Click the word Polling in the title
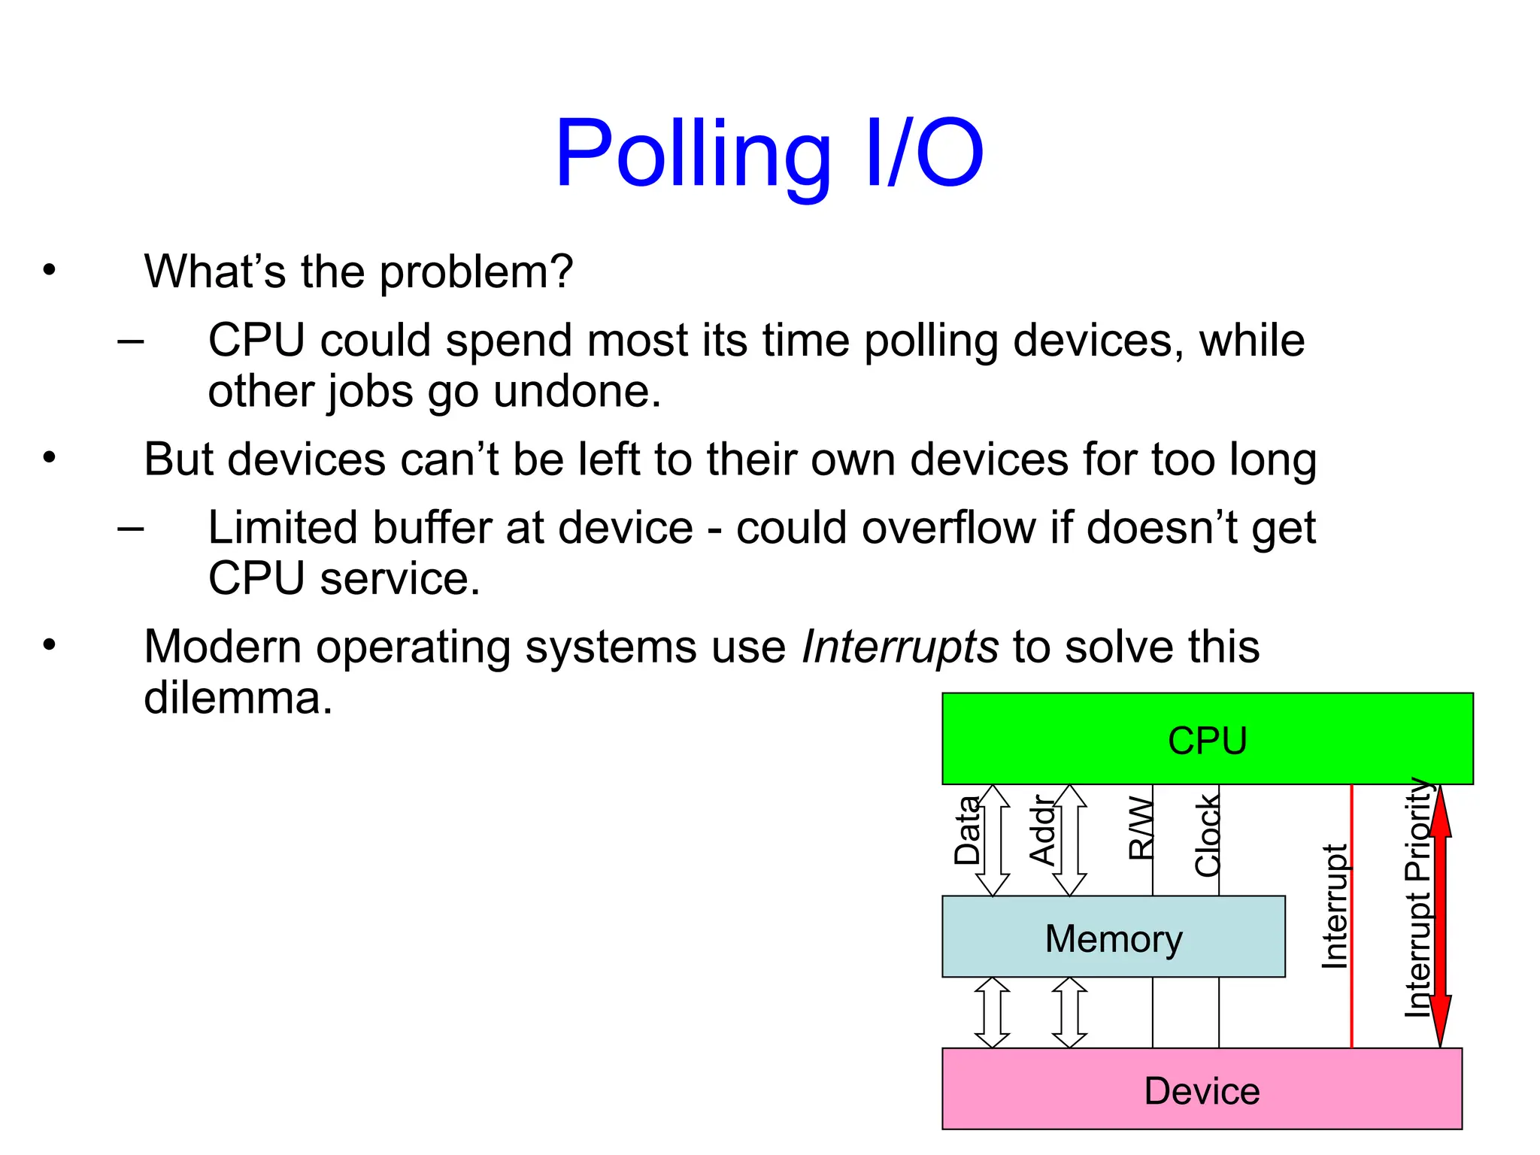point(692,154)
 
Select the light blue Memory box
point(1113,938)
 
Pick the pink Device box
point(1202,1090)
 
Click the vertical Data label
point(967,831)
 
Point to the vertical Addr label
point(1042,831)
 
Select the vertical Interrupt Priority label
point(1418,899)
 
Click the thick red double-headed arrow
point(1440,917)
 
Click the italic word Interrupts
point(899,647)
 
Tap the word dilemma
point(238,698)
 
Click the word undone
point(577,392)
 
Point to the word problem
point(475,272)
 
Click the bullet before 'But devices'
point(50,458)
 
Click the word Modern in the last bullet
point(223,647)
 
